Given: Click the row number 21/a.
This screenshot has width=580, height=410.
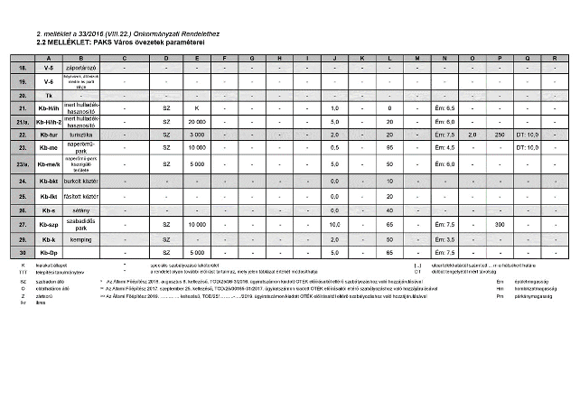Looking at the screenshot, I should (x=23, y=120).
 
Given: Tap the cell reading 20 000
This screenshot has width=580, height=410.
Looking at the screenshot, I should (x=197, y=120).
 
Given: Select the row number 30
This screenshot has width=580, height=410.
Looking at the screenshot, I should (x=23, y=252).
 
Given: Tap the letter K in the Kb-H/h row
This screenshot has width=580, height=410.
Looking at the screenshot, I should (x=197, y=107).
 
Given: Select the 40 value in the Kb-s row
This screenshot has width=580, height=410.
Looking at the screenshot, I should (x=389, y=210).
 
